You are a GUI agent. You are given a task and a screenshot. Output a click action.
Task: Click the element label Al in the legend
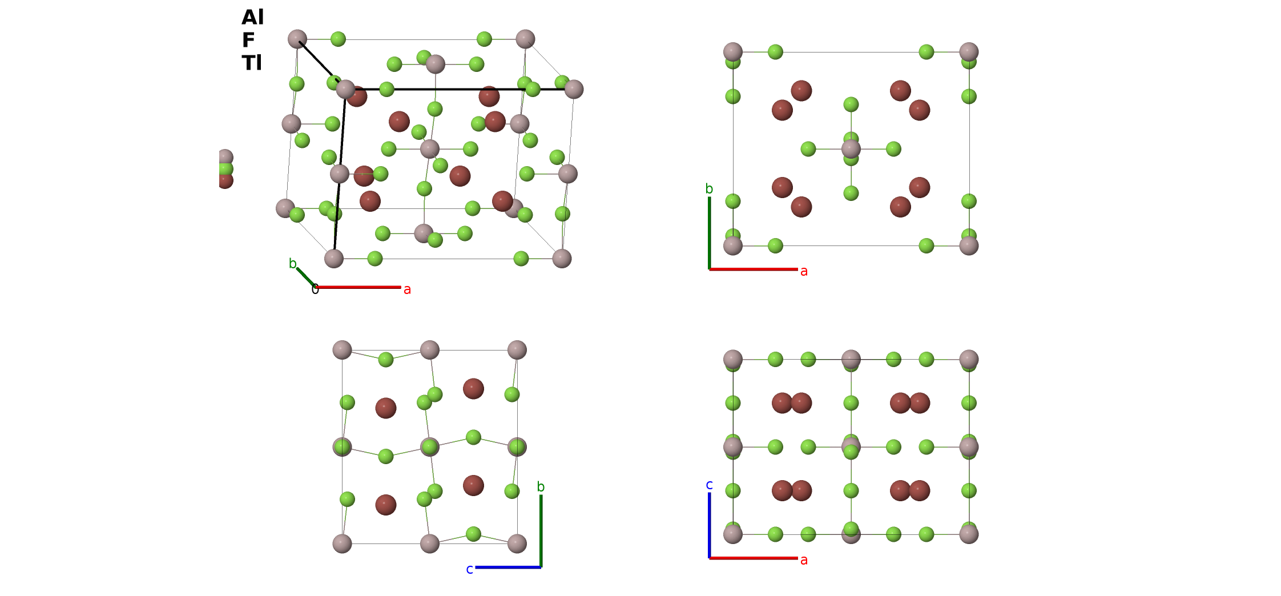(x=252, y=17)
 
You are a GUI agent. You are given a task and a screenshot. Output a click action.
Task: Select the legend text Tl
(x=251, y=63)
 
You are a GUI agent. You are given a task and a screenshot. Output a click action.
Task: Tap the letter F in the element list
(x=248, y=40)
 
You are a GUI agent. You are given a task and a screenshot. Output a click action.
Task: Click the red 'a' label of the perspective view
(x=407, y=290)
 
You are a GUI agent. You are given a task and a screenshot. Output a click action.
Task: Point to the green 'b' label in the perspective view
(x=292, y=263)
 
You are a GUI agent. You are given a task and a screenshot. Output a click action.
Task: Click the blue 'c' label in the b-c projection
(x=469, y=569)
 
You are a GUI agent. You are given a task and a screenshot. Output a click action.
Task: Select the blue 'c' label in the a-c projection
(x=709, y=485)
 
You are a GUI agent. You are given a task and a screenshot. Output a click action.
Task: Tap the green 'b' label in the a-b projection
(x=709, y=188)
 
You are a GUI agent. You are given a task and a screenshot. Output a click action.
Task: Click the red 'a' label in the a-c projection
(x=804, y=560)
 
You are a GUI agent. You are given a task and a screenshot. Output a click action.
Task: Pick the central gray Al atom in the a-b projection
(x=851, y=149)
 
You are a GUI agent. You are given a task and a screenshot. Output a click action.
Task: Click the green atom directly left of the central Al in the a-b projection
(x=808, y=149)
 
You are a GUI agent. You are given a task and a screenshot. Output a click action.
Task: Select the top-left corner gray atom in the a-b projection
(x=733, y=52)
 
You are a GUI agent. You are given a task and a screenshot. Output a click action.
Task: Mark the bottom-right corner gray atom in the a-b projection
(x=969, y=246)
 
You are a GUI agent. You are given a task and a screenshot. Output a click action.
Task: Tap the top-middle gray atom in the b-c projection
(x=430, y=350)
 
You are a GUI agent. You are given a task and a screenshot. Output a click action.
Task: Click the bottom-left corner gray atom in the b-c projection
(x=342, y=543)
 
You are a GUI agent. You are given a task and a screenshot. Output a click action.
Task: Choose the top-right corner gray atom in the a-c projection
(x=969, y=359)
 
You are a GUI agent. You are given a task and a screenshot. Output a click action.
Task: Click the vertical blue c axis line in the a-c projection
(x=710, y=525)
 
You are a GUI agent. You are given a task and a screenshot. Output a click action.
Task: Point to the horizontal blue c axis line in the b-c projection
(x=508, y=567)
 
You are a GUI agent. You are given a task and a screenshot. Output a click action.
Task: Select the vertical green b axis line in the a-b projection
(x=710, y=233)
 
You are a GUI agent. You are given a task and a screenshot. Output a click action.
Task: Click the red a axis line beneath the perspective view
(x=358, y=287)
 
